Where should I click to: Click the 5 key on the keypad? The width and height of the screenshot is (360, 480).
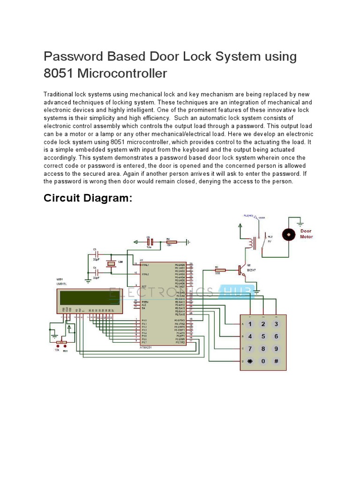(x=263, y=336)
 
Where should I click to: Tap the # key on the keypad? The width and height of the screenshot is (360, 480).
(x=277, y=361)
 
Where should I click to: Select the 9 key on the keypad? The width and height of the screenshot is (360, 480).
(x=277, y=349)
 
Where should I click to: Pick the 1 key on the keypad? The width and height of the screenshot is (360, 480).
(x=250, y=324)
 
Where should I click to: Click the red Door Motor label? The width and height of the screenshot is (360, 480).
(x=306, y=233)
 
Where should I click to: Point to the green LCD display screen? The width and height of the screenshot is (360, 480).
(x=89, y=298)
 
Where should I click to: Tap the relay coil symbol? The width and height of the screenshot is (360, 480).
(x=253, y=243)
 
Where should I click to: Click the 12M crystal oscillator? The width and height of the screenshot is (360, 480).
(x=111, y=264)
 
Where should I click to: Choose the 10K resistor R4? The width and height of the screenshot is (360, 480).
(x=168, y=242)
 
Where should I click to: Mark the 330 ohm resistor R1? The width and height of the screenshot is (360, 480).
(x=219, y=270)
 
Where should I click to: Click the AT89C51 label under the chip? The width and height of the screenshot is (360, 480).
(x=146, y=347)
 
